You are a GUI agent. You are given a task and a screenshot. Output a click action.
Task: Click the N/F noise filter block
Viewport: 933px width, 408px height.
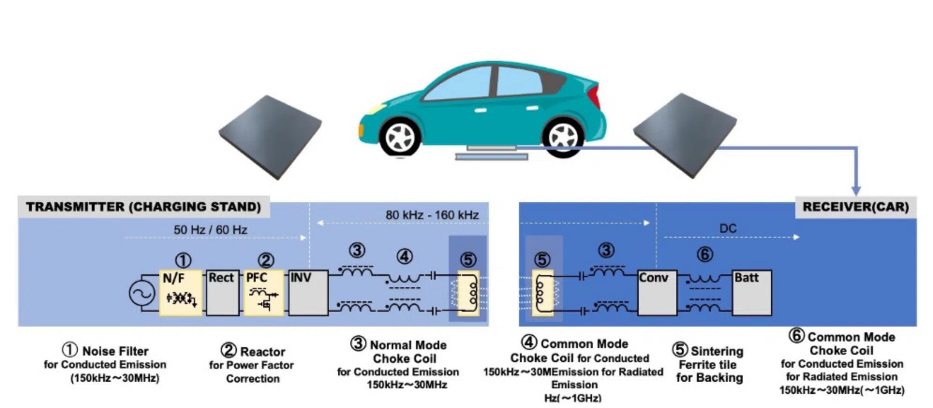pyautogui.click(x=181, y=292)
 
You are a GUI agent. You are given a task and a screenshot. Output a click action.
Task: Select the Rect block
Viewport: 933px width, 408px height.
pyautogui.click(x=222, y=292)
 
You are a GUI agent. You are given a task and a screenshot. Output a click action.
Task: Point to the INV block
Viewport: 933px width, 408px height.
pyautogui.click(x=308, y=292)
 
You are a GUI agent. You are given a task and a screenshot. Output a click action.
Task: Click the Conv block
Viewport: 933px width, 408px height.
pyautogui.click(x=657, y=292)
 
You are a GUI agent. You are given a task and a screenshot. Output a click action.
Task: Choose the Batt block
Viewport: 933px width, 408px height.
pyautogui.click(x=751, y=292)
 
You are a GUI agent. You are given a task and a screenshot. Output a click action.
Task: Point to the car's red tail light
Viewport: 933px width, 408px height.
pyautogui.click(x=594, y=96)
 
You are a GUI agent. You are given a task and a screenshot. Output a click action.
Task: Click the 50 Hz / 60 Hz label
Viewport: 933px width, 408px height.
pyautogui.click(x=210, y=230)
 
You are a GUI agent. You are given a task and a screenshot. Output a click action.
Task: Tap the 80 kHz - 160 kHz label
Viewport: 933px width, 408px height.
pyautogui.click(x=431, y=215)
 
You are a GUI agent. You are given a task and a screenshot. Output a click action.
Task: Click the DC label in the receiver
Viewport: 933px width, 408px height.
pyautogui.click(x=727, y=228)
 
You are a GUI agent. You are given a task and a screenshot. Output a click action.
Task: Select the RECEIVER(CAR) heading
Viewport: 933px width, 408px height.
pyautogui.click(x=855, y=207)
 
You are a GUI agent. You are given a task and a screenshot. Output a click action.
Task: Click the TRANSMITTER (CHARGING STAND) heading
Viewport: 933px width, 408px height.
pyautogui.click(x=143, y=207)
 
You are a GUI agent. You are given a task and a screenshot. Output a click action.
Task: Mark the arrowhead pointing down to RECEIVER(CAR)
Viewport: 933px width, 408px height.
pyautogui.click(x=856, y=190)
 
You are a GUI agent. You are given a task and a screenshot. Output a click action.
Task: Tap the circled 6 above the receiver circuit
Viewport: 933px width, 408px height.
pyautogui.click(x=704, y=254)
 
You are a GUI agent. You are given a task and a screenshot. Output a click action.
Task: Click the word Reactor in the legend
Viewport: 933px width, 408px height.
pyautogui.click(x=262, y=351)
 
